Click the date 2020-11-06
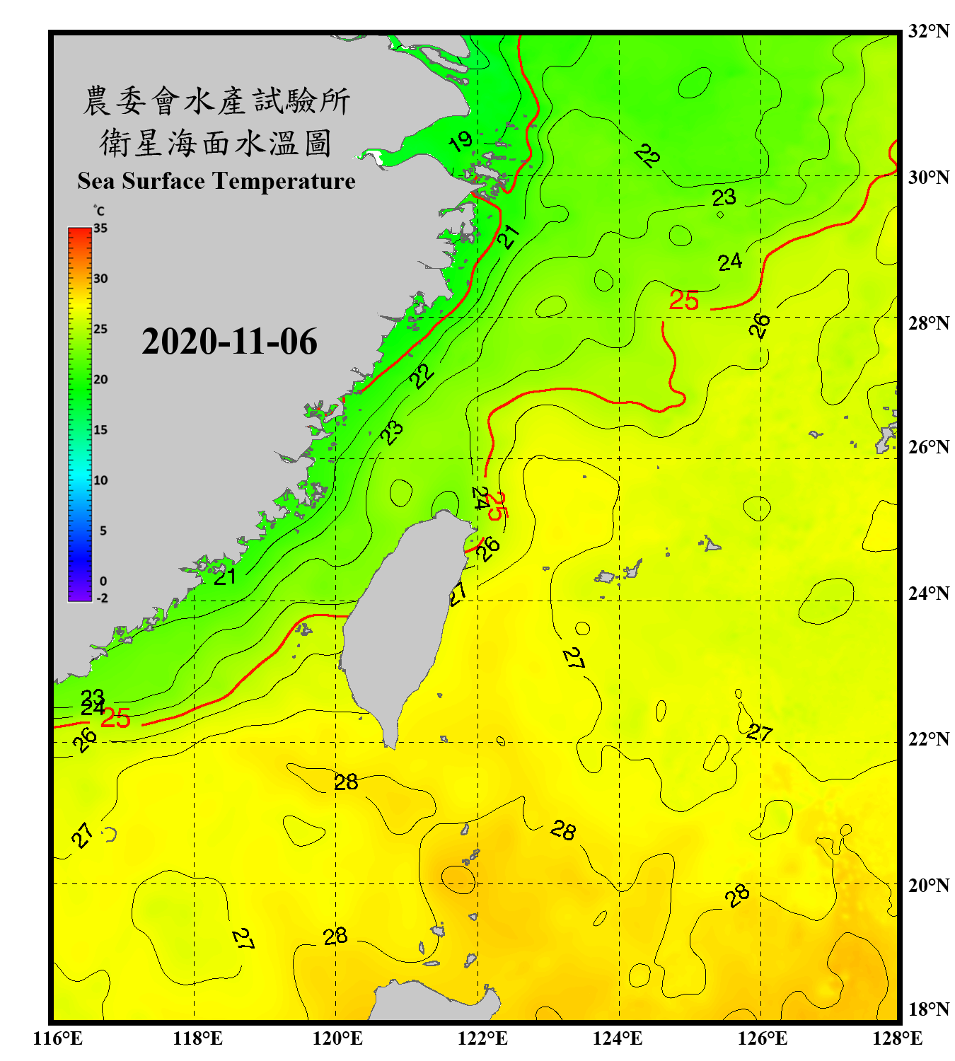coord(229,342)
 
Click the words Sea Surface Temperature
coord(216,181)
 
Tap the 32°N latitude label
coord(928,31)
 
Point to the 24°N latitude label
coord(928,593)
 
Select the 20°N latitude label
coord(928,885)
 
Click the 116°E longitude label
coord(57,1038)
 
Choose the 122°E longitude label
coord(482,1038)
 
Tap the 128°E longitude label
coord(897,1038)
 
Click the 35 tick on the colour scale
coord(100,228)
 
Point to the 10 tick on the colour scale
coord(100,480)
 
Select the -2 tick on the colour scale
coord(102,598)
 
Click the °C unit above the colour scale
coord(99,211)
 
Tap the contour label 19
coord(461,141)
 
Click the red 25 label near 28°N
coord(684,301)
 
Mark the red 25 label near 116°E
coord(115,719)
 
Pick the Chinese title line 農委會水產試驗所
coord(216,101)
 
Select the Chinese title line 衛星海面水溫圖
coord(216,143)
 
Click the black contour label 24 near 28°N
coord(730,262)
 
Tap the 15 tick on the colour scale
coord(100,430)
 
